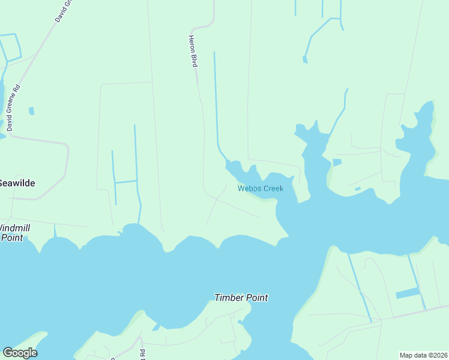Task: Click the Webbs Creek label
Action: (x=260, y=188)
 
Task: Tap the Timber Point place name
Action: (x=241, y=298)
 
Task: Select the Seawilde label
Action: (x=16, y=182)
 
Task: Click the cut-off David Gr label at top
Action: (x=63, y=11)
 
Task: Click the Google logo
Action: (x=20, y=353)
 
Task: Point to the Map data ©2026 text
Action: (x=423, y=355)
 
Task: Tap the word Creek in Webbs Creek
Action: (x=273, y=188)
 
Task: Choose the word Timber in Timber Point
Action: (x=229, y=298)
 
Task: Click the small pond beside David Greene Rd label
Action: (x=31, y=111)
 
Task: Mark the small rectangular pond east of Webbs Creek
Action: (x=337, y=162)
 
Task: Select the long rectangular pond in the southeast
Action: (x=408, y=293)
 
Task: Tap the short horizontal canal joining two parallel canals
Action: (x=125, y=181)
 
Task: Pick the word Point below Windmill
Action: (x=12, y=238)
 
